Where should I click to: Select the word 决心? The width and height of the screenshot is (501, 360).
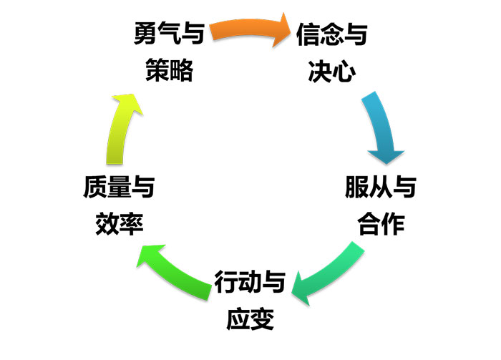[x=331, y=71]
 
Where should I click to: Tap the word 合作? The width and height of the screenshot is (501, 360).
[x=381, y=224]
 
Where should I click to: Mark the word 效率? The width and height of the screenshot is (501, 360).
[x=120, y=224]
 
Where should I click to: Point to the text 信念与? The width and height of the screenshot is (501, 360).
[x=331, y=34]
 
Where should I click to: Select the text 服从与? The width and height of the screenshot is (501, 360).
[x=381, y=188]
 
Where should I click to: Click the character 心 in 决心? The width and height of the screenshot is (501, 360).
[x=343, y=71]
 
